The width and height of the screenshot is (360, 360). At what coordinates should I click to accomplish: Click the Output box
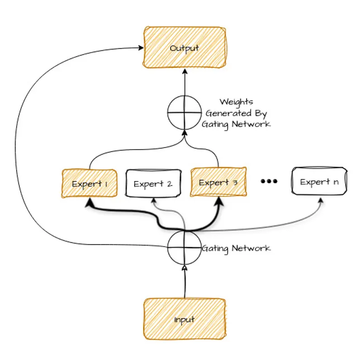point(184,47)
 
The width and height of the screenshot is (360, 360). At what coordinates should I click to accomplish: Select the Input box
point(184,319)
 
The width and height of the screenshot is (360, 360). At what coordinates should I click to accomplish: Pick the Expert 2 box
point(153,184)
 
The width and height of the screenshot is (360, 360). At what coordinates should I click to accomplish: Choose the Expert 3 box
point(218,182)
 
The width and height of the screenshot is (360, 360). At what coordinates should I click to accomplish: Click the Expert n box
point(319,182)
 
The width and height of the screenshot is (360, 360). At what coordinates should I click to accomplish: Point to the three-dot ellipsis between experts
point(269,181)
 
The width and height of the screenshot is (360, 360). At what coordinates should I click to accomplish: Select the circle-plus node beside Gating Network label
point(184,247)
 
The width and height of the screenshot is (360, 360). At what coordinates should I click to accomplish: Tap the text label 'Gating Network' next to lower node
point(236,248)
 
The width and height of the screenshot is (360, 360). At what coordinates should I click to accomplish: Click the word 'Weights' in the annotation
point(236,102)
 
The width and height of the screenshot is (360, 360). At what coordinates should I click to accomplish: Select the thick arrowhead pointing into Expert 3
point(221,200)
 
